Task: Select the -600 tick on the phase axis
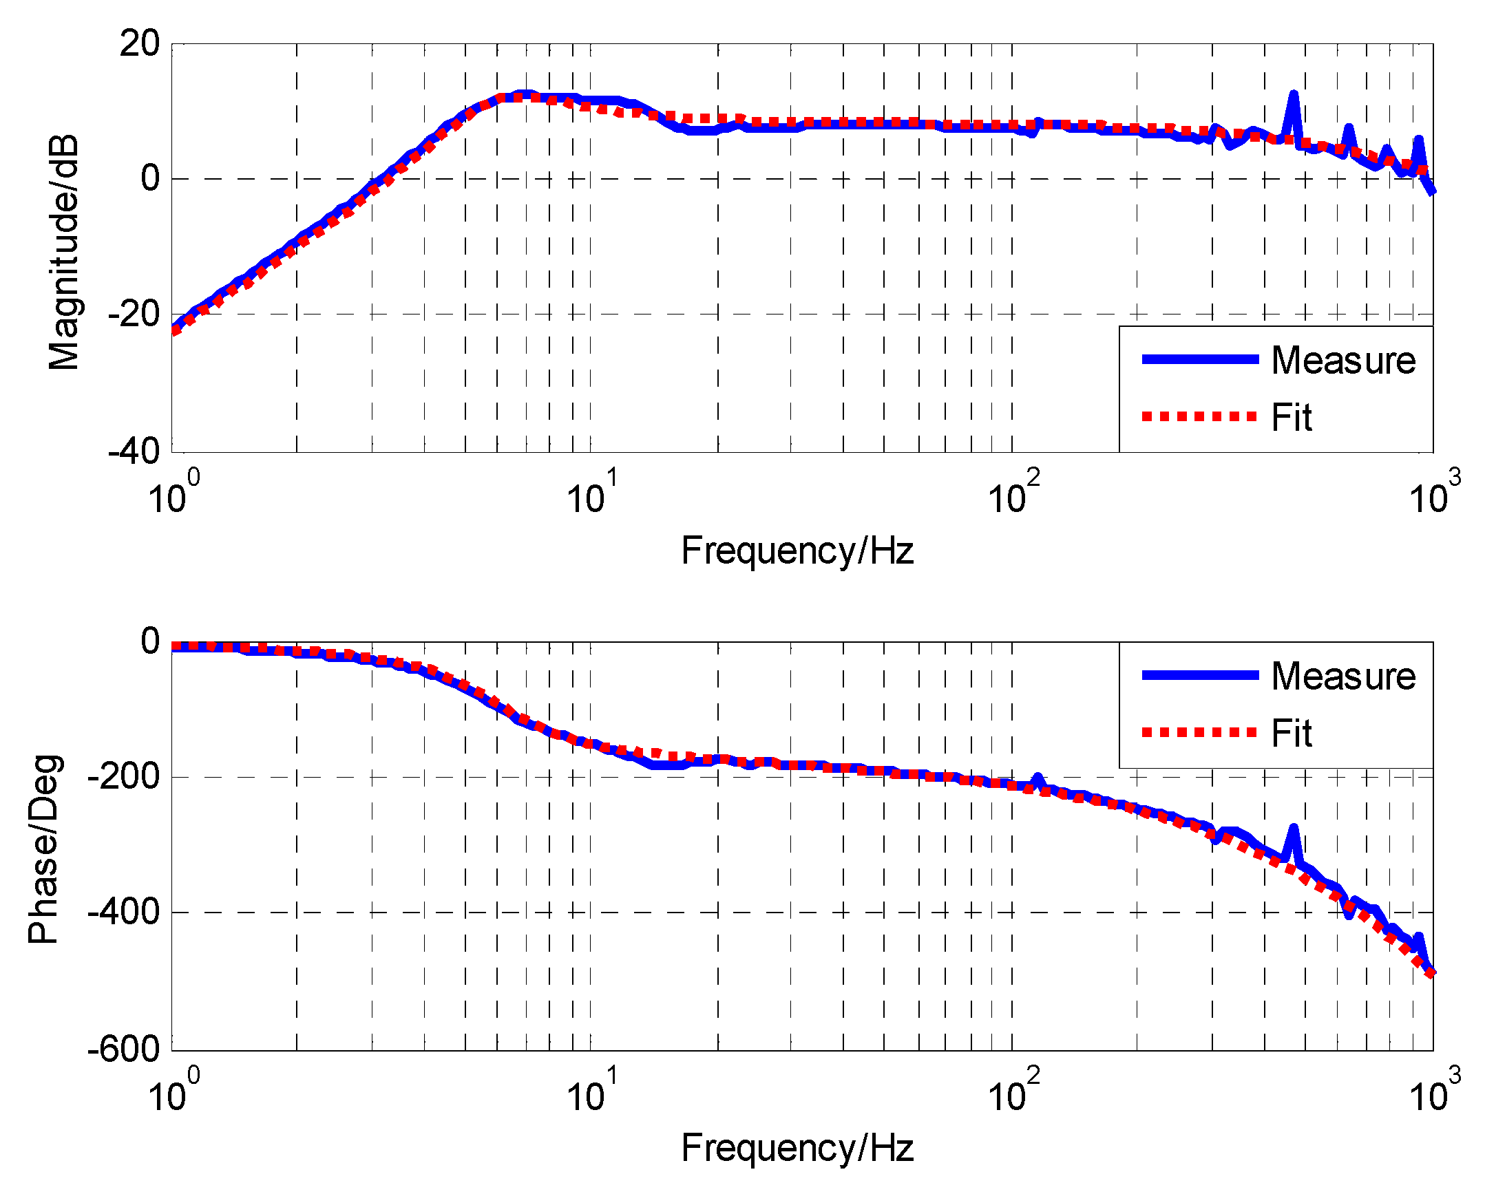pos(125,1049)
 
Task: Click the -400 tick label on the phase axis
pos(125,912)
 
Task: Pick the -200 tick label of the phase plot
pos(125,777)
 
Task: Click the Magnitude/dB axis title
pos(63,253)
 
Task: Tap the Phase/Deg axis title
pos(45,849)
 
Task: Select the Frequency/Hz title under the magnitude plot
pos(797,551)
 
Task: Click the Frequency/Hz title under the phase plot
pos(797,1148)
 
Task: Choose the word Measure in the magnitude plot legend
pos(1343,360)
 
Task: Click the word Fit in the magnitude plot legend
pos(1292,417)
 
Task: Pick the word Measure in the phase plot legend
pos(1343,676)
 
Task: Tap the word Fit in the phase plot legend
pos(1292,733)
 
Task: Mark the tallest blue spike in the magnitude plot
pos(1294,96)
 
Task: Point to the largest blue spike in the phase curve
pos(1294,829)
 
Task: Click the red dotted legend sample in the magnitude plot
pos(1199,416)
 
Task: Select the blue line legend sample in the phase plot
pos(1199,675)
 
